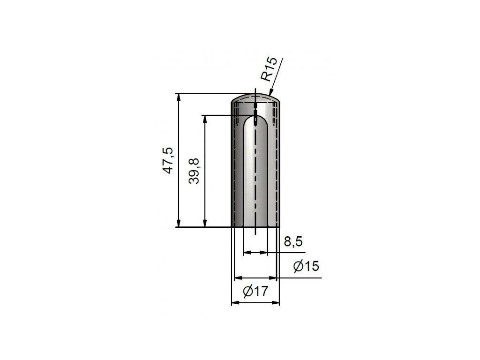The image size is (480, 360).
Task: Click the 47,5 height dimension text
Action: coord(169,161)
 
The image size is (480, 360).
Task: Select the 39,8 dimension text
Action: coord(194,171)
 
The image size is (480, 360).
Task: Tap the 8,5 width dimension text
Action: coord(293,241)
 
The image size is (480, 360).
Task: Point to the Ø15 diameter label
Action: coord(306,266)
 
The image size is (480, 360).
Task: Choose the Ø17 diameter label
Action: coord(255,291)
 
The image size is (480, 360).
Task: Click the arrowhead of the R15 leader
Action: coord(270,91)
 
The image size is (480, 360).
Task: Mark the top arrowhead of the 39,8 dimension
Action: coord(204,119)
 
